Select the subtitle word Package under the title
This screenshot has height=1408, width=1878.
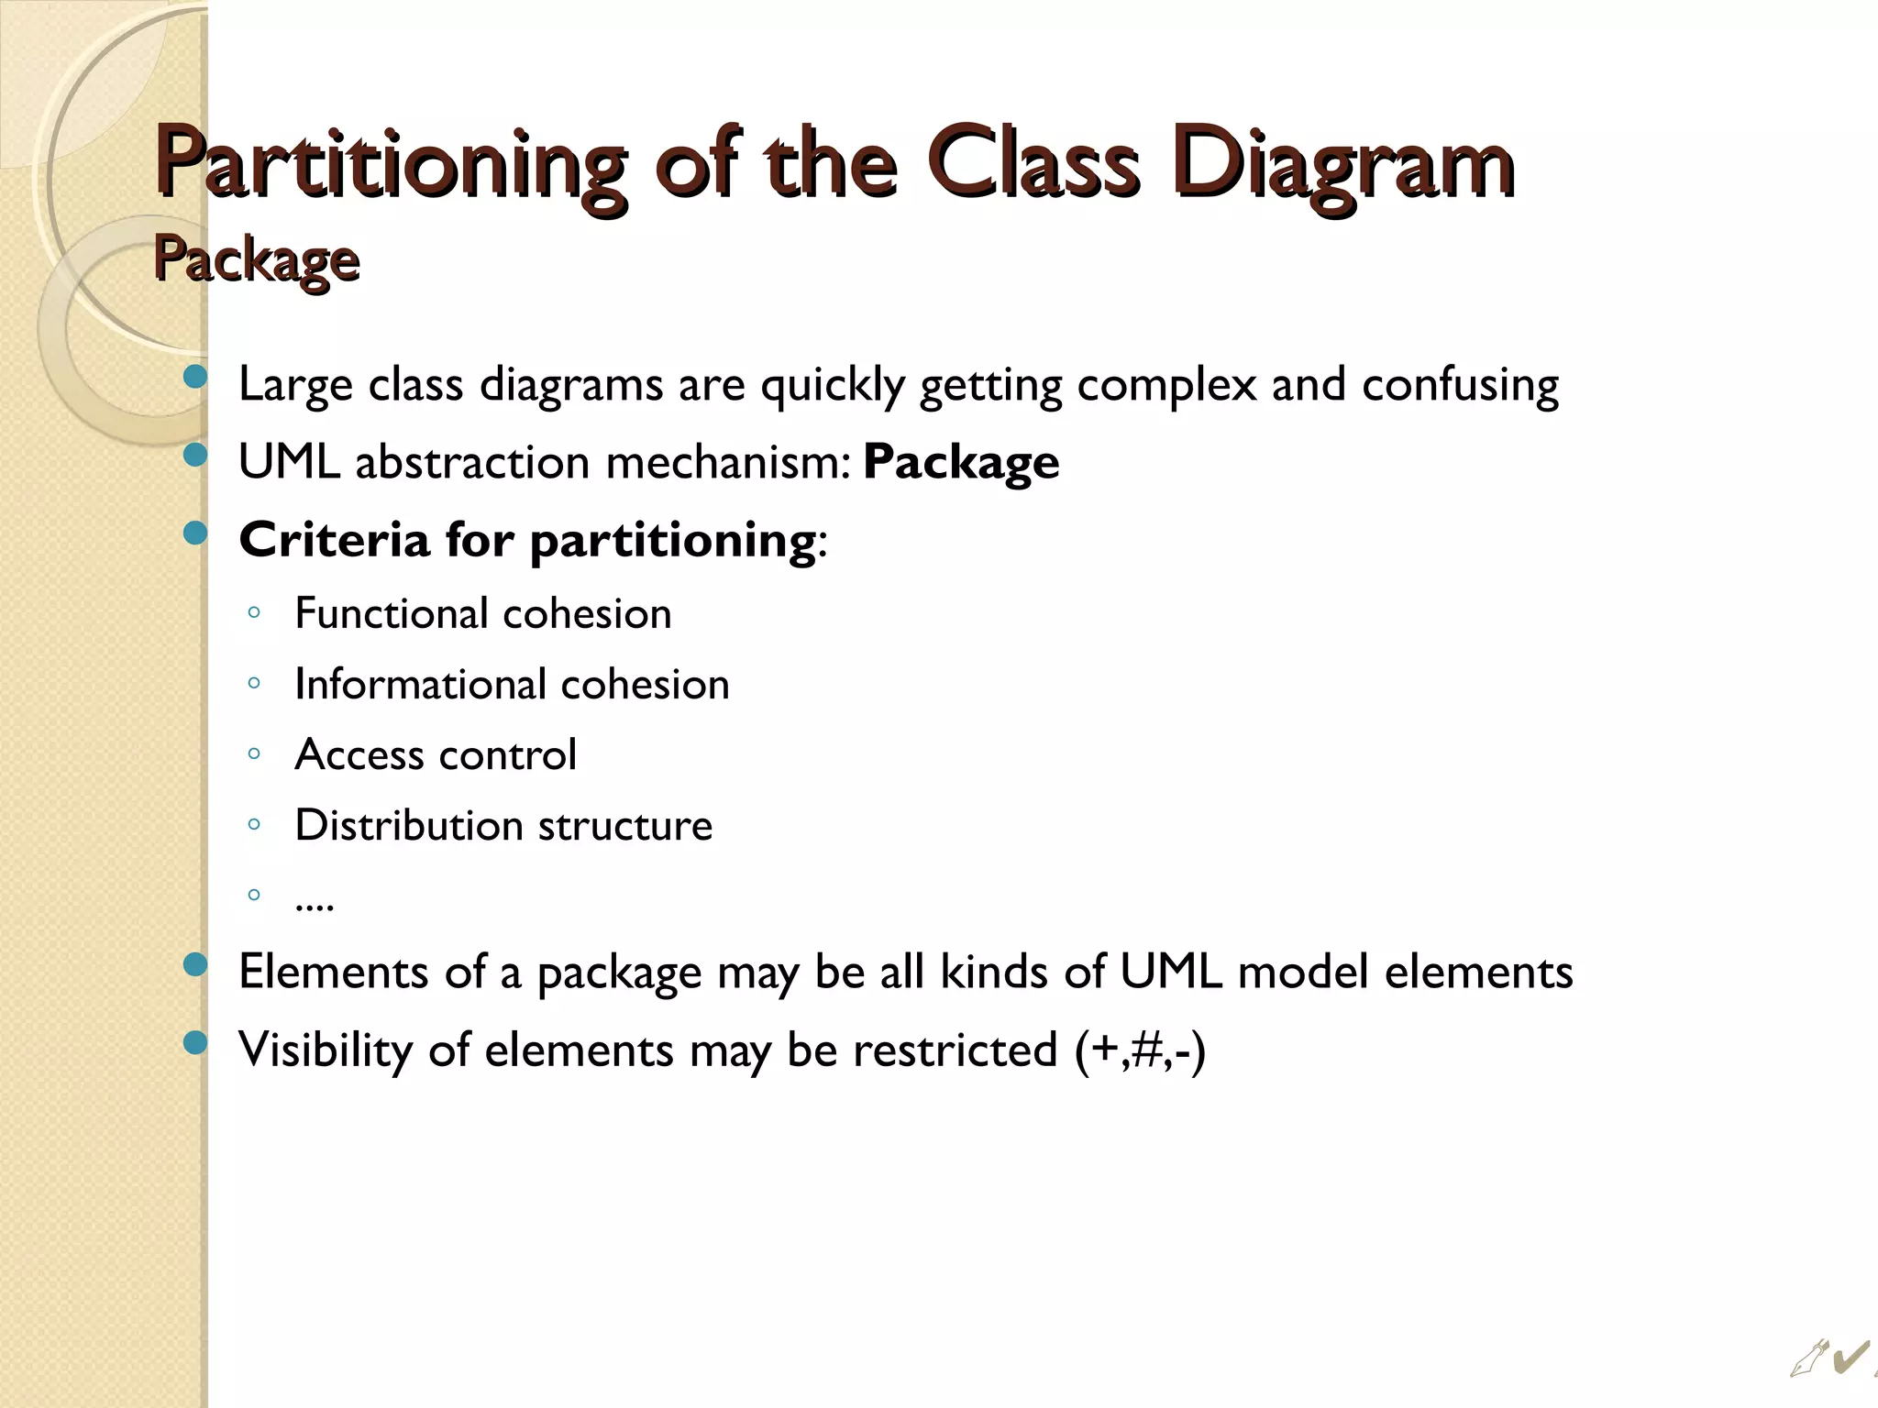257,260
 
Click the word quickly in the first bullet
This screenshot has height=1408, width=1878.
833,385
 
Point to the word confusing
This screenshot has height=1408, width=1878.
1460,385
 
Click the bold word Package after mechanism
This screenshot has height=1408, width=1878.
961,462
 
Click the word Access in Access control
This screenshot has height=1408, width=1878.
359,754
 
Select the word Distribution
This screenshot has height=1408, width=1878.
408,825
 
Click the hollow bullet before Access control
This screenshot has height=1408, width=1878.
254,754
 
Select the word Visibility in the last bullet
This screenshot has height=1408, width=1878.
326,1050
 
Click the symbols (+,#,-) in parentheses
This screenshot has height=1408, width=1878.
1141,1050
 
